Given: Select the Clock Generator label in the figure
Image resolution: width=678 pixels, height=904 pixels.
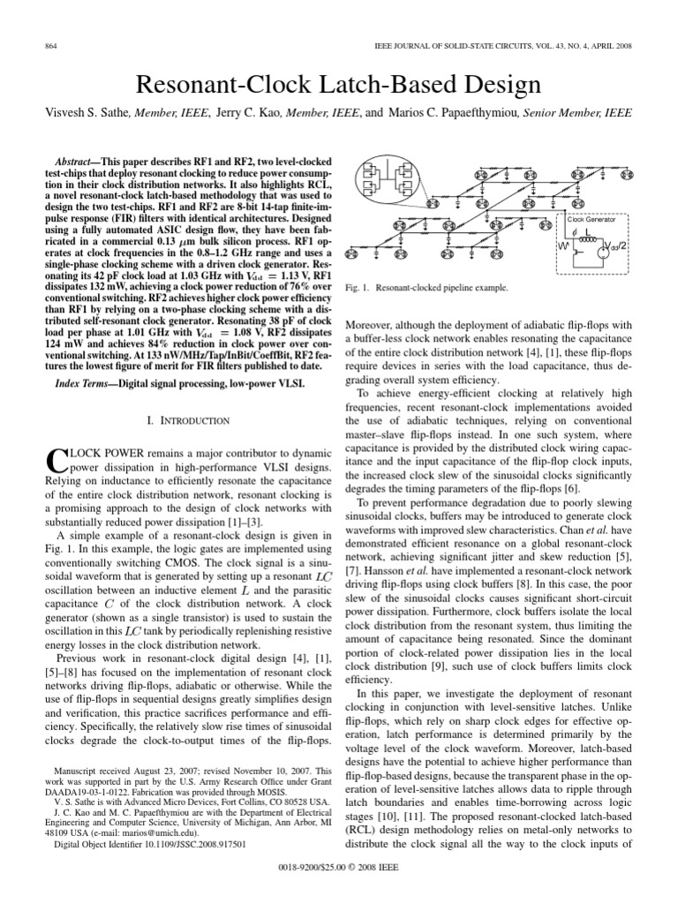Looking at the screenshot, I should tap(591, 219).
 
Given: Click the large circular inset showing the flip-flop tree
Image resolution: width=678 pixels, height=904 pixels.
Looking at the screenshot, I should tap(386, 182).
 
